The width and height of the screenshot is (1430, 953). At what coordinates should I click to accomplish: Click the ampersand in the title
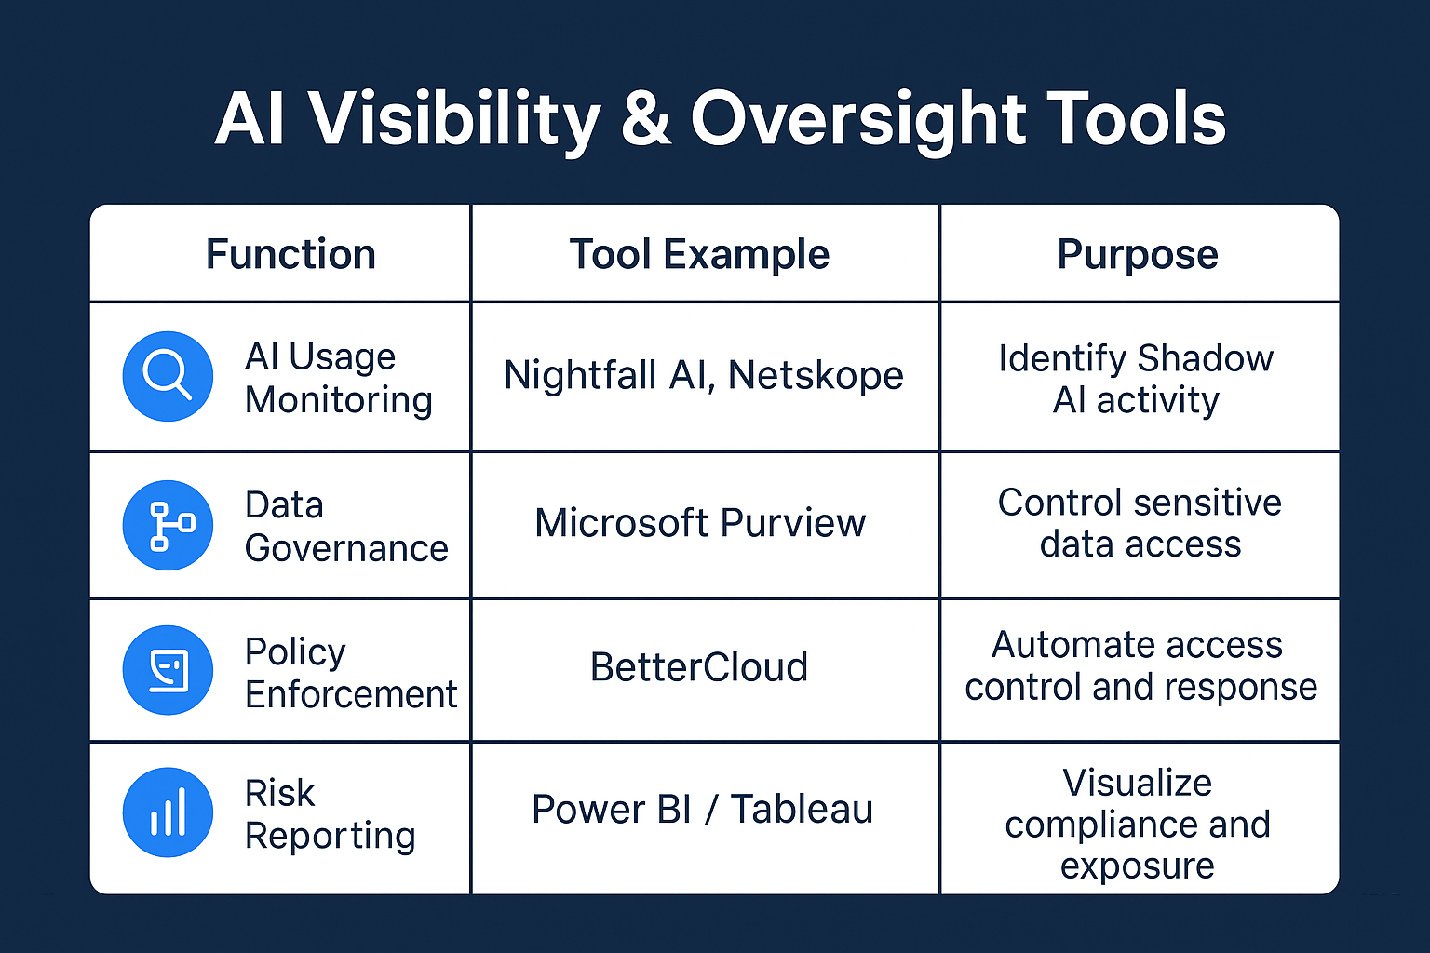click(645, 119)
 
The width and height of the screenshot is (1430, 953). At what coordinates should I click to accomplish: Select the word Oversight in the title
click(857, 119)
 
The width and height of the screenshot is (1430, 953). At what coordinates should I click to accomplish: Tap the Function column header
click(290, 254)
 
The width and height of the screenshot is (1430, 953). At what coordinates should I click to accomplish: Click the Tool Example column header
click(699, 254)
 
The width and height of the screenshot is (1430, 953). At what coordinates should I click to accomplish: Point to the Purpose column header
click(1137, 254)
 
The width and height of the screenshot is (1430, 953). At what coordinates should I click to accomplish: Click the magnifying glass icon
click(168, 376)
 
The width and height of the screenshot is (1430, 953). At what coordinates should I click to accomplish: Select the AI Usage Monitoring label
click(338, 378)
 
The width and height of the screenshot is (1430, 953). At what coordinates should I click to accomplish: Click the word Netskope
click(816, 376)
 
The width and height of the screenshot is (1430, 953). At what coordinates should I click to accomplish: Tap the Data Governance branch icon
click(168, 526)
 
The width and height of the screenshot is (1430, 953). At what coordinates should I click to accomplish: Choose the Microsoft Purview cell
click(700, 523)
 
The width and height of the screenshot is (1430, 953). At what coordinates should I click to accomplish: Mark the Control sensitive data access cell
click(1140, 523)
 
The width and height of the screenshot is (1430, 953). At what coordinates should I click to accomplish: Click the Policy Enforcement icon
click(168, 670)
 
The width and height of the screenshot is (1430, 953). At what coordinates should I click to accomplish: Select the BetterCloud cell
click(699, 667)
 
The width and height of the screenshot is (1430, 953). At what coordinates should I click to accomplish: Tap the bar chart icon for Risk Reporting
click(168, 812)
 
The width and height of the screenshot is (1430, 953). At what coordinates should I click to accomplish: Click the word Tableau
click(802, 810)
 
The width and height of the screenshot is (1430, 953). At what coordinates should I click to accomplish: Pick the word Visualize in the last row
click(1137, 783)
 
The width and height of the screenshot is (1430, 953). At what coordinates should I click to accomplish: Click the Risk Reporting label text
click(330, 814)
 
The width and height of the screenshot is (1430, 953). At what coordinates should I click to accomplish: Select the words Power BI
click(611, 810)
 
